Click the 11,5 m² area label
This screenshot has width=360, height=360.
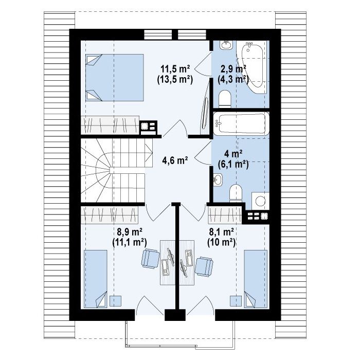[x=175, y=68]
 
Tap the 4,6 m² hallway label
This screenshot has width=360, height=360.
[x=175, y=160]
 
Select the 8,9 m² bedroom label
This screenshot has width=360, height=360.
[x=130, y=232]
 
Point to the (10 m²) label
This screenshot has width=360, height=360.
[x=221, y=242]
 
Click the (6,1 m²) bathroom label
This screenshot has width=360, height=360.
[x=233, y=165]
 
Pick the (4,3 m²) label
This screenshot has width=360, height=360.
[x=233, y=79]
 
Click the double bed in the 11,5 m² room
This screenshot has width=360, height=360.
[x=115, y=78]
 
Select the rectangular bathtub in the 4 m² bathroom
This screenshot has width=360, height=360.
[x=241, y=124]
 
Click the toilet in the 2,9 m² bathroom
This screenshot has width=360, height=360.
[x=225, y=99]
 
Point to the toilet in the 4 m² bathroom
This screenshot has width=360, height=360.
[x=236, y=193]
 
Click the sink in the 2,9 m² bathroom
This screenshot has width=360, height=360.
[x=226, y=45]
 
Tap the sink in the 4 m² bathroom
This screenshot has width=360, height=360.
[x=218, y=179]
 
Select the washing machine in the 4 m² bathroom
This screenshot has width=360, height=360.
[x=260, y=201]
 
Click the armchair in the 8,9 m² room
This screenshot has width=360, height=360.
[x=151, y=258]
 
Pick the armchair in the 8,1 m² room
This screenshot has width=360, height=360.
[x=204, y=266]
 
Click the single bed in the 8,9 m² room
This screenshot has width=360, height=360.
[x=96, y=279]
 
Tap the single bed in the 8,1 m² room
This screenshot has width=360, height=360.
[x=256, y=279]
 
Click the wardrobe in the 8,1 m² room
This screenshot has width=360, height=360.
[x=225, y=215]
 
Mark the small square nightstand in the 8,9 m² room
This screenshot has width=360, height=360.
[x=115, y=301]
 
